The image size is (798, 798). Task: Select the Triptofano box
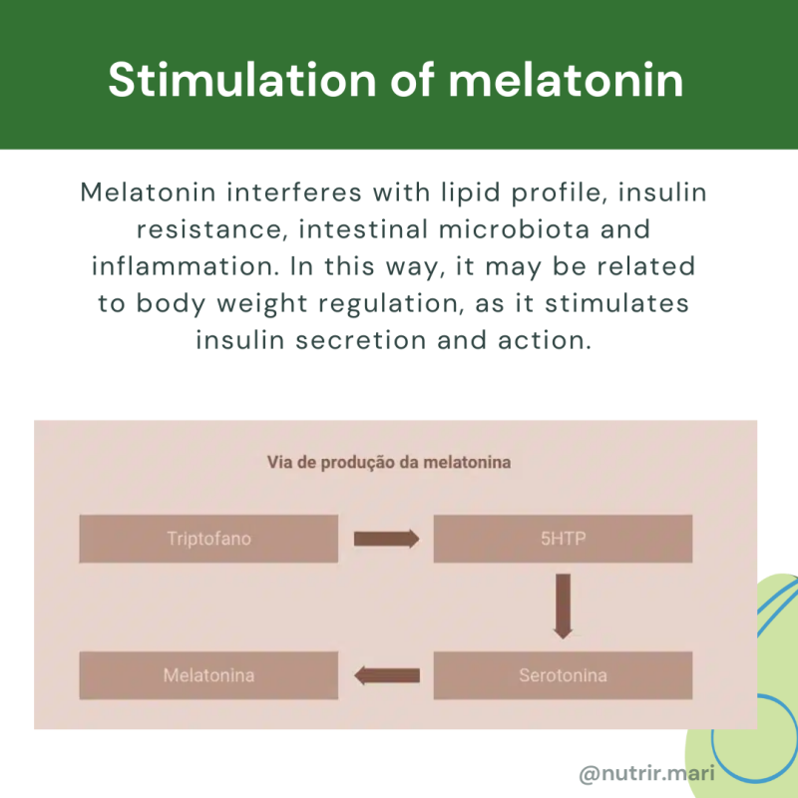point(208,540)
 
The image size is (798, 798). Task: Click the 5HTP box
point(563,540)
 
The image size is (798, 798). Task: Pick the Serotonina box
point(563,675)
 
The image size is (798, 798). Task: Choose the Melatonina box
point(208,675)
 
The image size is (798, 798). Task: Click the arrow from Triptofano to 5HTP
point(386,540)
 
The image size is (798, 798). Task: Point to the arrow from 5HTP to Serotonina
point(564,605)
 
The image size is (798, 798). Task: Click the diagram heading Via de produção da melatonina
point(389,463)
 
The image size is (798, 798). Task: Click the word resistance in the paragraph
point(196,229)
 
